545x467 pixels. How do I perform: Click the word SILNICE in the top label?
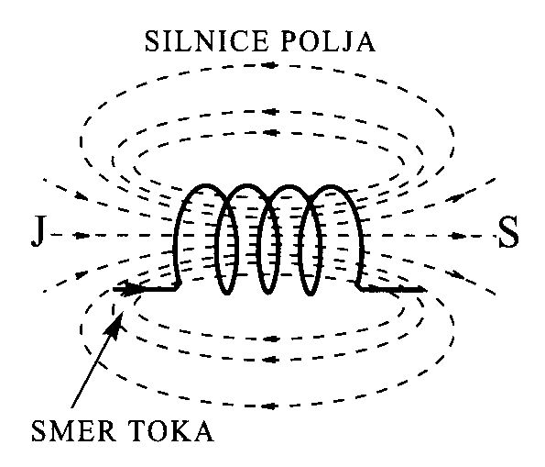(x=206, y=42)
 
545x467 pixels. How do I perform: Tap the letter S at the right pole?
(x=508, y=232)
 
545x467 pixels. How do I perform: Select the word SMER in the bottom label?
(x=73, y=431)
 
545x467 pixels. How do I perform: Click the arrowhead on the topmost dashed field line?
(x=271, y=65)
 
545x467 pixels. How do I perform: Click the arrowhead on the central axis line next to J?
(x=82, y=236)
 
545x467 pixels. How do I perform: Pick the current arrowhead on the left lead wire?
(x=131, y=288)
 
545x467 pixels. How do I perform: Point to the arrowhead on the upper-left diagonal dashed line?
(x=82, y=195)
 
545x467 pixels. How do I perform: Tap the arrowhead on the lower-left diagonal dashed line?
(x=81, y=274)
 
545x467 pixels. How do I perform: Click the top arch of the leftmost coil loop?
(x=206, y=185)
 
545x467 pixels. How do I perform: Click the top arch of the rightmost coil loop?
(x=331, y=186)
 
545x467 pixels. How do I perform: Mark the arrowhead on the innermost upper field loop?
(x=271, y=132)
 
